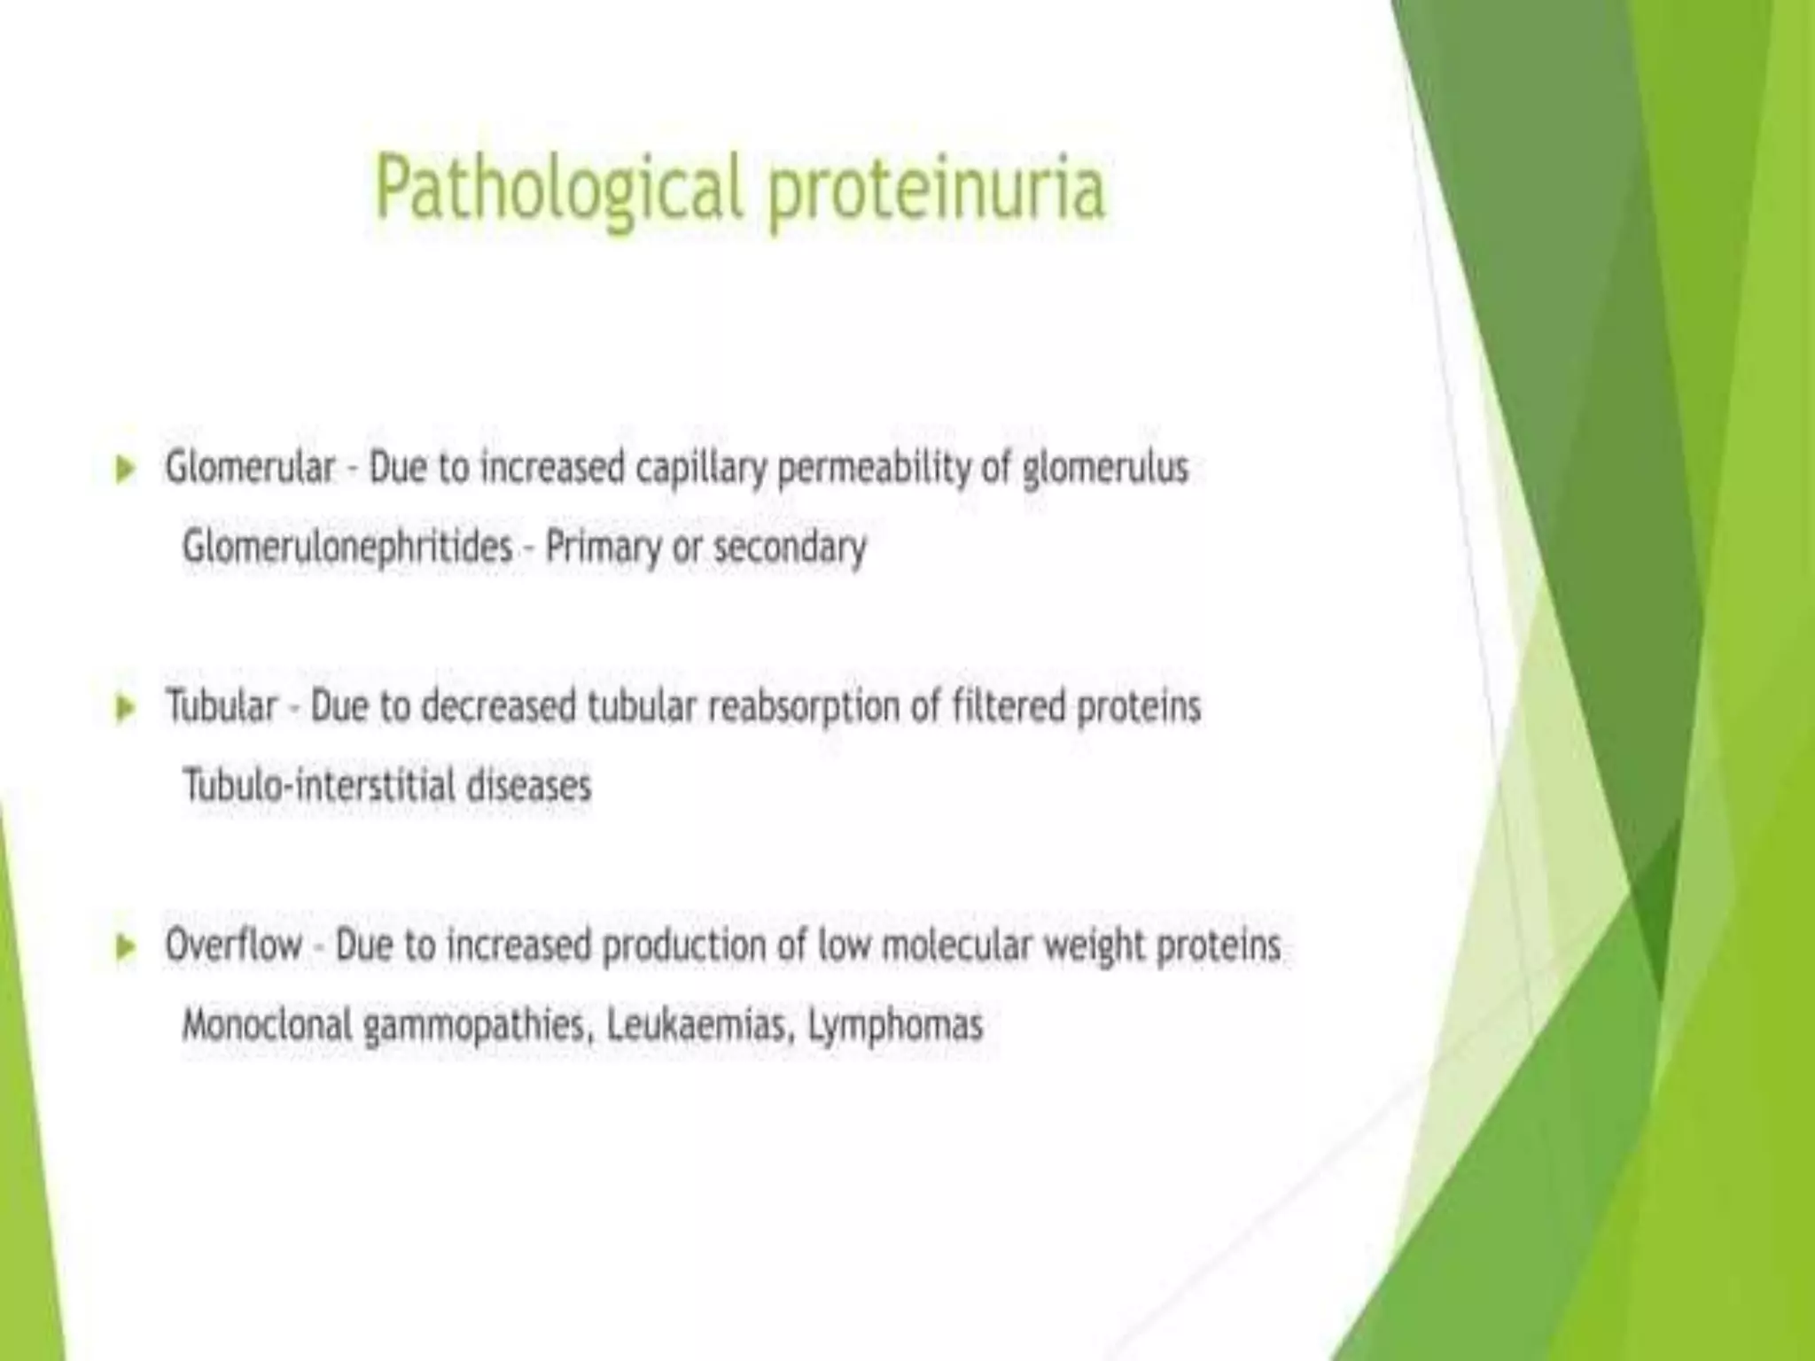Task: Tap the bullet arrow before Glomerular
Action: pos(126,469)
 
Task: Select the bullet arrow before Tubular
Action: pos(126,708)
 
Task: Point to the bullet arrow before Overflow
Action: pos(126,947)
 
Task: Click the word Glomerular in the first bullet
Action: pos(251,467)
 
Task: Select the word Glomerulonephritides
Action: pos(347,547)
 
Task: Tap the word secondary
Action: pos(790,548)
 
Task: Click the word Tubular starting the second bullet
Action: pos(222,706)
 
